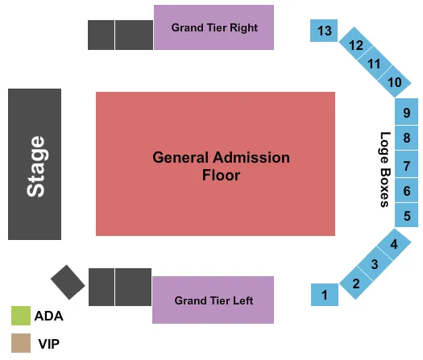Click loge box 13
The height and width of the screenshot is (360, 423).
point(325,31)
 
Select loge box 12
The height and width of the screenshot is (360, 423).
point(355,46)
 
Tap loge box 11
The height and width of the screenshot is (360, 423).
point(374,64)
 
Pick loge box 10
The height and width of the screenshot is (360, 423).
point(394,82)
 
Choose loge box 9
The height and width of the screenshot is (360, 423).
point(407,112)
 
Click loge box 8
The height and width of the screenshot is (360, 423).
point(407,138)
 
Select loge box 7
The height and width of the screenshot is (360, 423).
point(407,166)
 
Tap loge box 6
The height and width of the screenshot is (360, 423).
point(407,191)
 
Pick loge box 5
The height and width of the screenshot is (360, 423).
point(407,216)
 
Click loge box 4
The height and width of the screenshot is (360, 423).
point(394,244)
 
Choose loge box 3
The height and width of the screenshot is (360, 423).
point(374,263)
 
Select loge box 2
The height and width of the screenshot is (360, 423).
point(355,283)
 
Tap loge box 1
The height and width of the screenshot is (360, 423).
point(325,296)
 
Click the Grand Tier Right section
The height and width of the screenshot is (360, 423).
point(214,28)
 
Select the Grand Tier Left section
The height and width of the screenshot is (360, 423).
point(214,300)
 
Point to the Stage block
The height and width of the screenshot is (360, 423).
point(35,164)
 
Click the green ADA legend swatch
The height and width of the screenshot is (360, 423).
point(21,315)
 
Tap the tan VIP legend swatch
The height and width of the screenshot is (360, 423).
point(21,343)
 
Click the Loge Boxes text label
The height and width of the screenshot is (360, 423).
point(385,170)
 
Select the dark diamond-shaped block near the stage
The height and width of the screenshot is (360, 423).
point(68,282)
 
